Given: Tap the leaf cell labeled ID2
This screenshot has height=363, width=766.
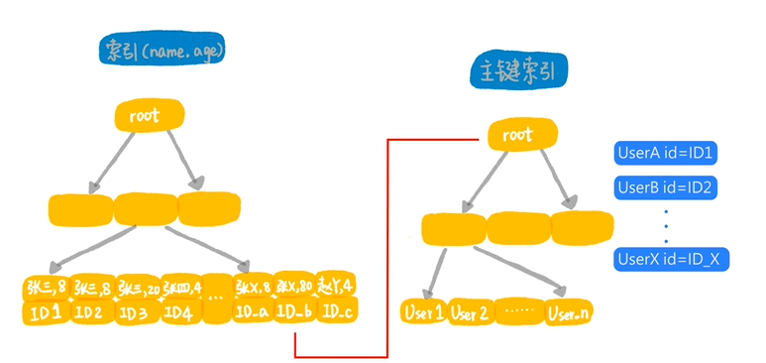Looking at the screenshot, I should (90, 313).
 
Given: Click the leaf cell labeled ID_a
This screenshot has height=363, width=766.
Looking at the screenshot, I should (252, 313).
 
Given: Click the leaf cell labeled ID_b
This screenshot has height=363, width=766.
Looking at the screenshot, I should (294, 313).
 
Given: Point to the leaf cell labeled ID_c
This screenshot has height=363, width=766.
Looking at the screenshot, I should (337, 313).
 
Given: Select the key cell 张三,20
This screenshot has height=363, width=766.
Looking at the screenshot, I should (138, 289).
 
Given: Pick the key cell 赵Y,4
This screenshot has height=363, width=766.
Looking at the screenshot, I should (337, 287).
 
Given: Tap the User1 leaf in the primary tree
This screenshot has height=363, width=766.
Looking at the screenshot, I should (424, 311).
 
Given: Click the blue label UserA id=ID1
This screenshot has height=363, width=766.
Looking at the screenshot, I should (666, 154).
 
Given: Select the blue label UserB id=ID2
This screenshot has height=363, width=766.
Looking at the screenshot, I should (666, 186).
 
